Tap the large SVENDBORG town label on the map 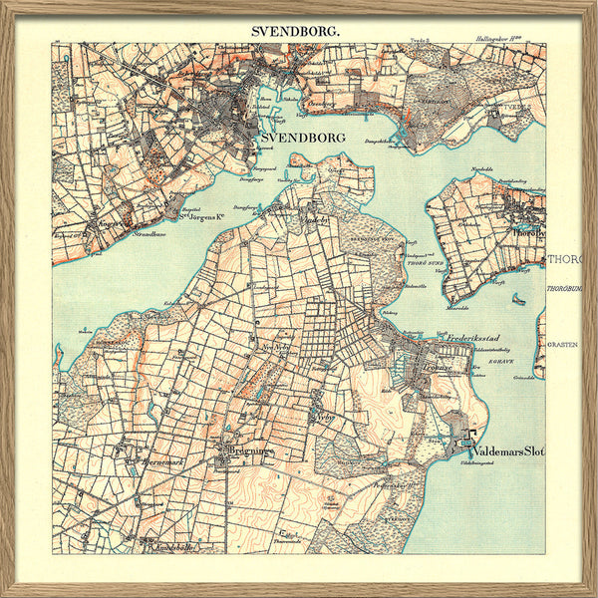point(303,138)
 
